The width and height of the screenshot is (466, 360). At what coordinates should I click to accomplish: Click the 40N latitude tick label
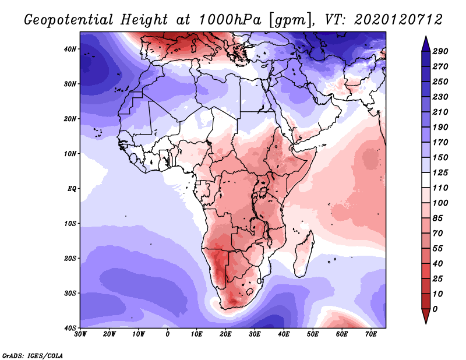click(70, 49)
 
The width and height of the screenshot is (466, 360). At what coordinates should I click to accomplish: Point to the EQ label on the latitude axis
click(72, 189)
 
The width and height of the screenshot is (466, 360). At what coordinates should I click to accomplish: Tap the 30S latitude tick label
click(70, 294)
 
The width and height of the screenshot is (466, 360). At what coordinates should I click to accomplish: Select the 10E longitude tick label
click(196, 334)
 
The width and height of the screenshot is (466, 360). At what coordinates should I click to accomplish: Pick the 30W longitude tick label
click(80, 334)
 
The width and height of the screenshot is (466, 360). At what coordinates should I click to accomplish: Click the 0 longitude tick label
click(168, 334)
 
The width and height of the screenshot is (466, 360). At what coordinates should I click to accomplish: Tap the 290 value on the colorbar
click(440, 51)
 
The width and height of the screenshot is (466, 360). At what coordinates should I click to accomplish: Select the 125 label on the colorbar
click(440, 172)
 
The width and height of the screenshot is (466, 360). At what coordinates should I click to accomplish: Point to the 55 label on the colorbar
click(438, 249)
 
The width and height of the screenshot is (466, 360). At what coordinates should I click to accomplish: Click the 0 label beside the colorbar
click(435, 309)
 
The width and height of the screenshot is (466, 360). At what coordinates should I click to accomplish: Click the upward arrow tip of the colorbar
click(426, 37)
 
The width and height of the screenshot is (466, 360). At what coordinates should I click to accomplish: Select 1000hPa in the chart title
click(230, 20)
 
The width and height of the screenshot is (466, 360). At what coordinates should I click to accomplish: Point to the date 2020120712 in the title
click(398, 20)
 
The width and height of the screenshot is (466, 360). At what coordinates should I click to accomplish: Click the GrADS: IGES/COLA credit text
click(33, 356)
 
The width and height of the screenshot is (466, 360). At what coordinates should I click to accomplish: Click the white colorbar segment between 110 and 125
click(426, 180)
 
